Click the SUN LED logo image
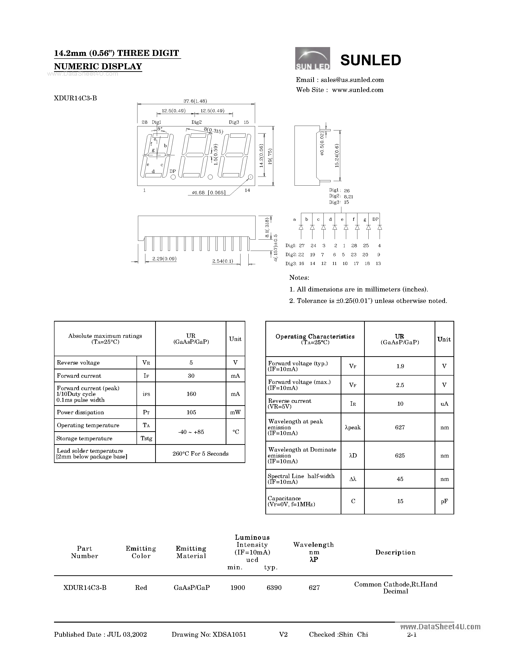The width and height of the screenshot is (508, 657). point(312,58)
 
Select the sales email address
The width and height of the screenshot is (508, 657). point(352,80)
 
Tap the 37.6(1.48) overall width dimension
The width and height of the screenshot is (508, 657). point(195,101)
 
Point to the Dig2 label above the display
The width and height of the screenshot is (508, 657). point(197,122)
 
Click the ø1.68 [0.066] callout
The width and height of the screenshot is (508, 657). point(208,193)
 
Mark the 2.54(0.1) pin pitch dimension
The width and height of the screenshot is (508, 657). point(223,261)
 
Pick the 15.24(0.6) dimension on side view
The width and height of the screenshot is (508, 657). point(337,156)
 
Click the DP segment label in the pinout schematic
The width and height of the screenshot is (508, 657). point(375,219)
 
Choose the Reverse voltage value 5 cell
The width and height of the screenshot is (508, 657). point(191,362)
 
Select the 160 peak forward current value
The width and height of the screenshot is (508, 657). point(191,394)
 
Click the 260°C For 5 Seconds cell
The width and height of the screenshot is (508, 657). point(200,454)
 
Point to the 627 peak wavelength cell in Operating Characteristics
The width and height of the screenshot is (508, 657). point(400,427)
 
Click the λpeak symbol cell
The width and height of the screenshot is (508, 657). point(353,427)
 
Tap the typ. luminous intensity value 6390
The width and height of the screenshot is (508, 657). point(274,587)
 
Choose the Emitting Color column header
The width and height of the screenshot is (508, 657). point(141,552)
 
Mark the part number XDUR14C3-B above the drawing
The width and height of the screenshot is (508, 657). point(76,98)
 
